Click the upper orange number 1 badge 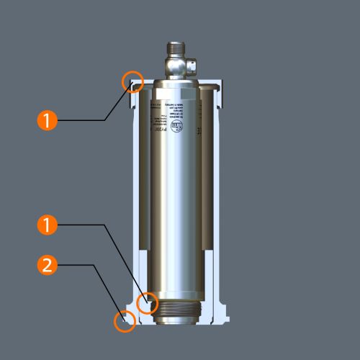click(x=47, y=120)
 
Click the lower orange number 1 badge click(x=47, y=225)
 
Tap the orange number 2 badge click(x=47, y=265)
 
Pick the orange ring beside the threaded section click(x=148, y=304)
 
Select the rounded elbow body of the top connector click(x=175, y=67)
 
